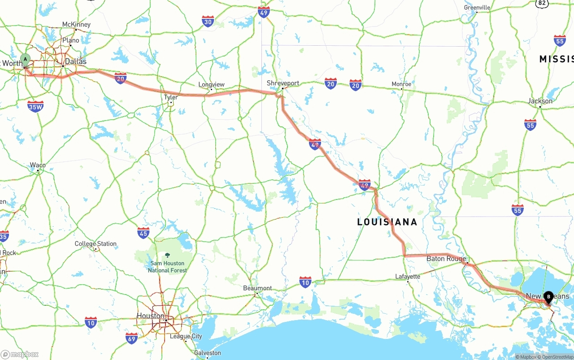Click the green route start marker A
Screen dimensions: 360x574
pos(26,59)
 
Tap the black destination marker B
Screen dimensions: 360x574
pos(548,296)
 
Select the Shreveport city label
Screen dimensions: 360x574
pos(283,83)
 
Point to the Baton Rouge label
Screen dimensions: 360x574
pos(446,259)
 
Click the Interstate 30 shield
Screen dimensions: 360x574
pos(208,21)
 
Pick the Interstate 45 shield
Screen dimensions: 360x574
pos(143,233)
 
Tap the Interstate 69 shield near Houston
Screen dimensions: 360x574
pos(131,338)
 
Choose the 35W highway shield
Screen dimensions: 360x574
pos(35,106)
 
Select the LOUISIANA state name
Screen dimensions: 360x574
pos(387,222)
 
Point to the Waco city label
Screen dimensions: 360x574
pos(38,165)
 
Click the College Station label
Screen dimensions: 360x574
pos(96,244)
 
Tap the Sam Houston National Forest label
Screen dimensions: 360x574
pos(167,267)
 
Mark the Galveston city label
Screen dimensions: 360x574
pos(208,353)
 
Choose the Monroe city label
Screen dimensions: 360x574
pos(401,84)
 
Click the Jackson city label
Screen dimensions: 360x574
pos(540,101)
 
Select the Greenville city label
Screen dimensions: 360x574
pos(477,8)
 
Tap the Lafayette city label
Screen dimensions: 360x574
pos(408,277)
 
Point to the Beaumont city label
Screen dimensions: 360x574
pos(257,288)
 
